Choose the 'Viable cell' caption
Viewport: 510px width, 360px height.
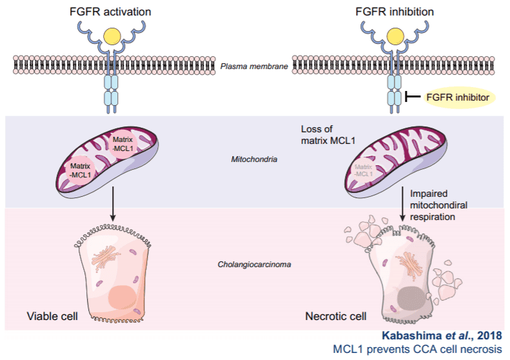coord(52,316)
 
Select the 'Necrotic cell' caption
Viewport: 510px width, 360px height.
coord(335,316)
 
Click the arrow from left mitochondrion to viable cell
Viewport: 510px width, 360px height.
coord(113,203)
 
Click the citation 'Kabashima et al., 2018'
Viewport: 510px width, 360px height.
coord(442,336)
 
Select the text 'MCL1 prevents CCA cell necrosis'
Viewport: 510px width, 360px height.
coord(416,349)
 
